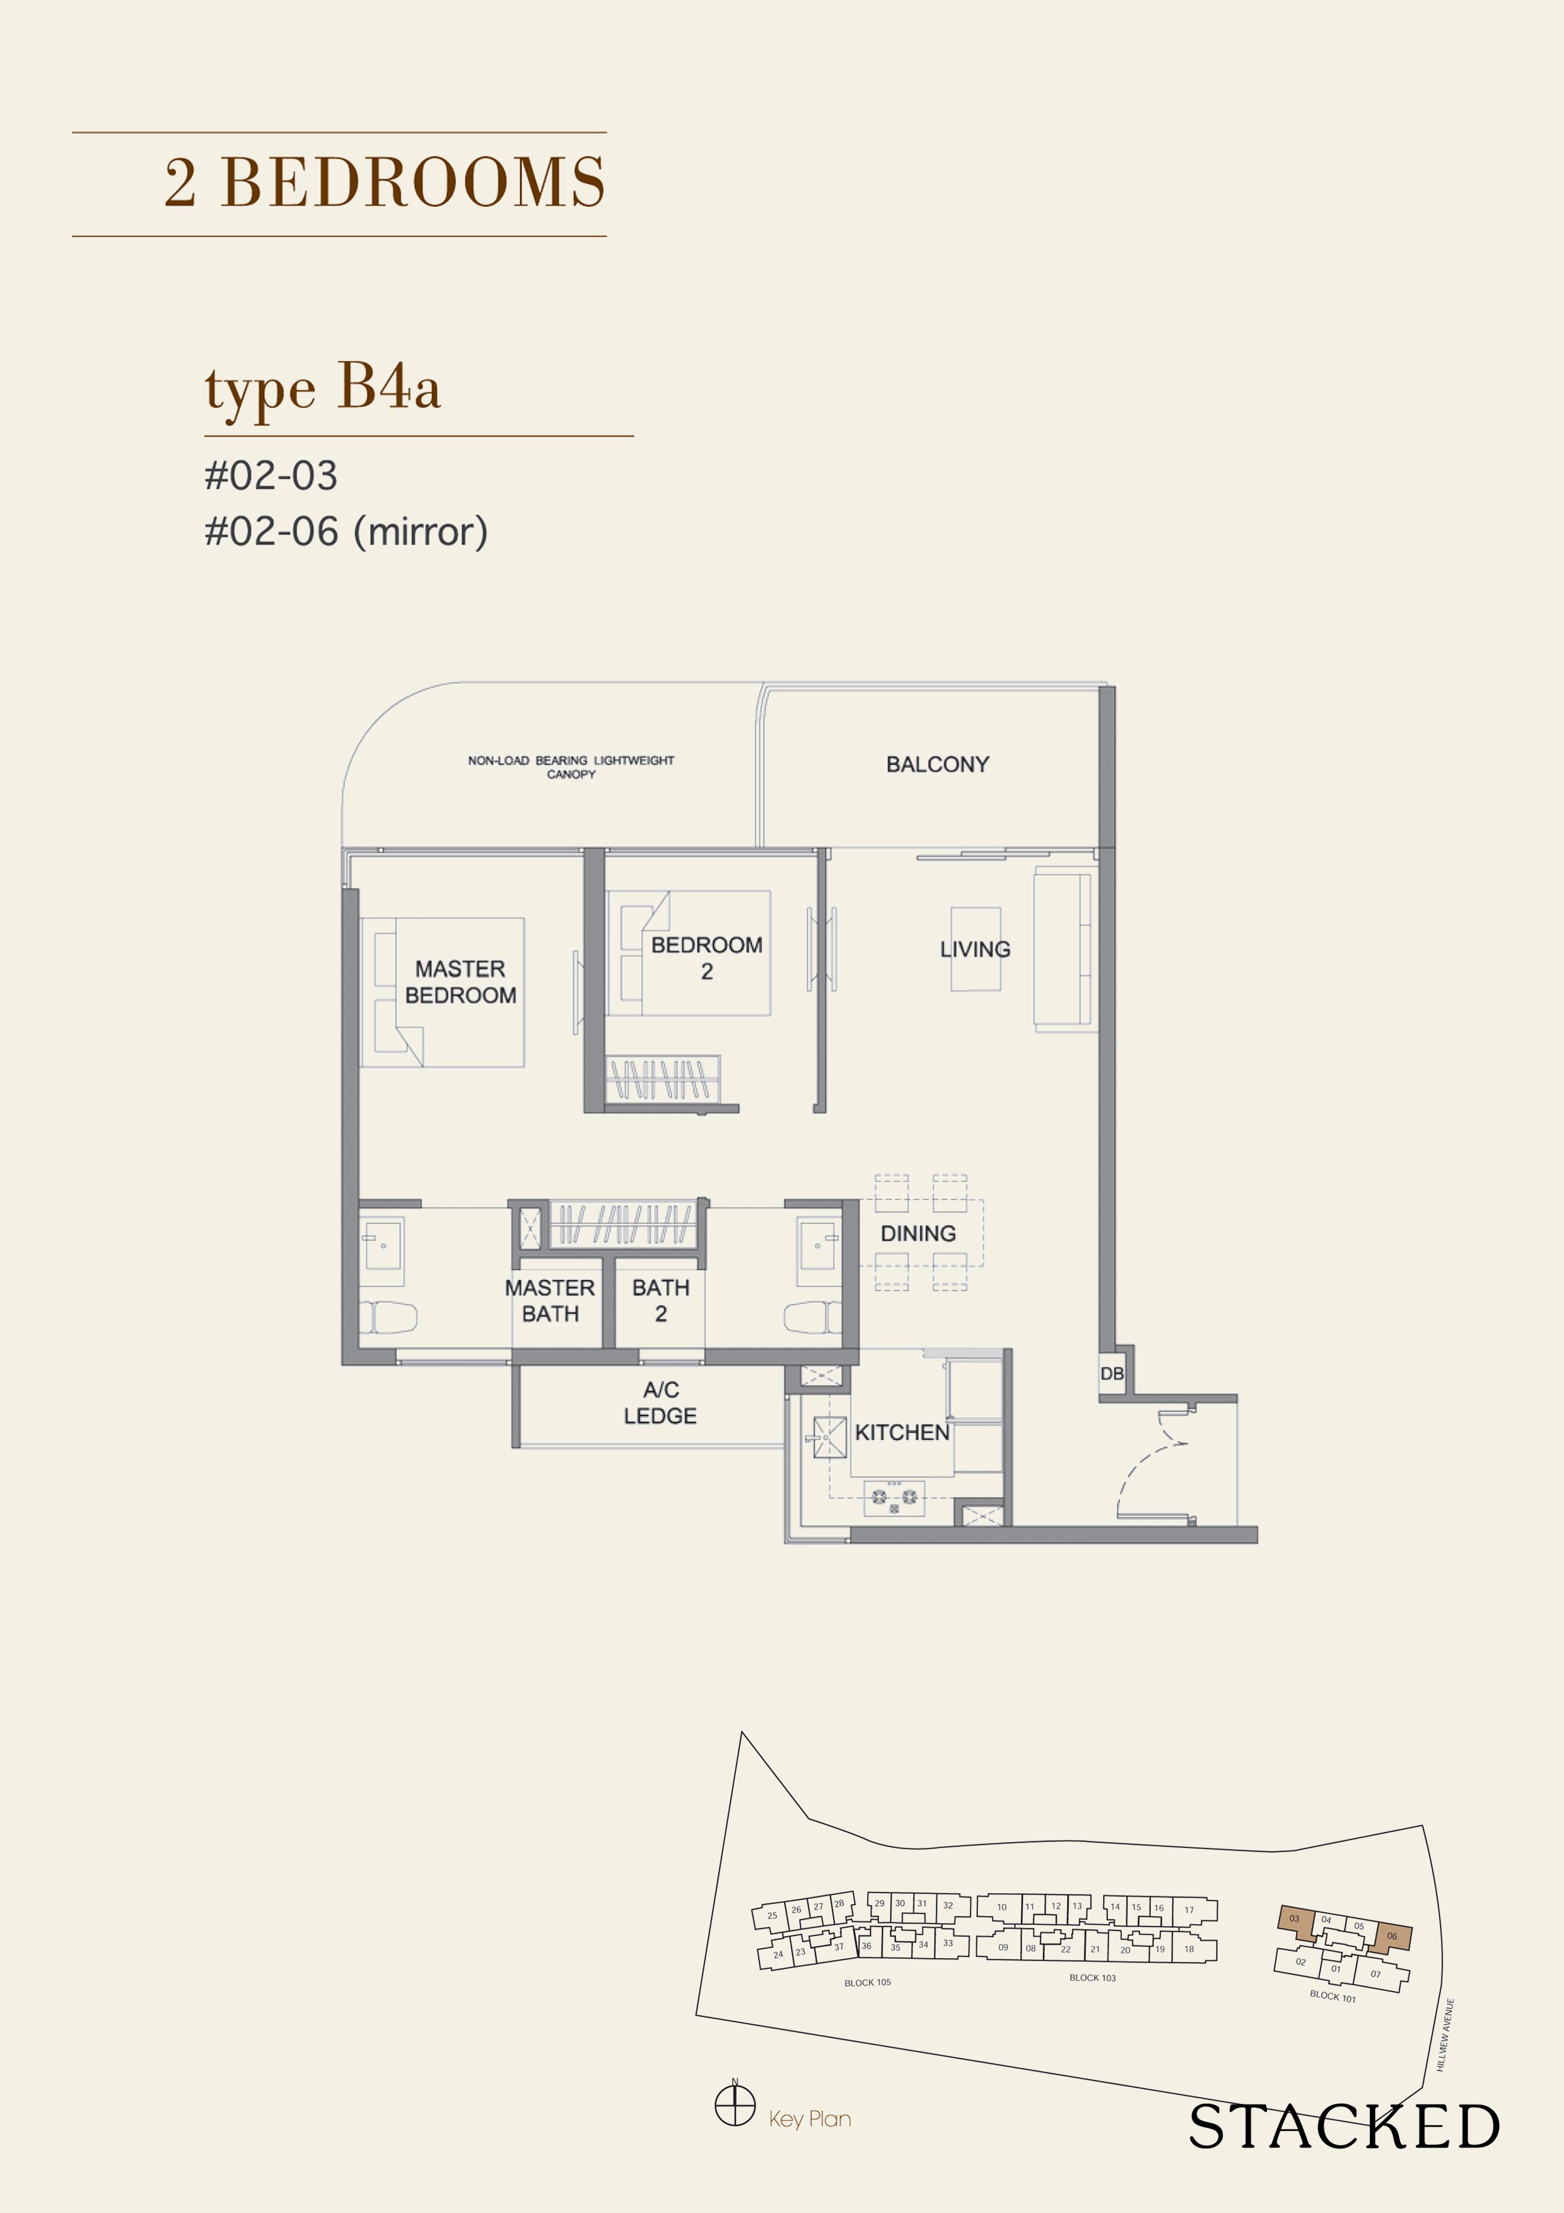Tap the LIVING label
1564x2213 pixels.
(x=975, y=949)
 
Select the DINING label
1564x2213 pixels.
(x=918, y=1234)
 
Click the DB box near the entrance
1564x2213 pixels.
(x=1112, y=1373)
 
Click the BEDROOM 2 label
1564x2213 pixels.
(x=706, y=958)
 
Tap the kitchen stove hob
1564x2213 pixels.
(x=894, y=1497)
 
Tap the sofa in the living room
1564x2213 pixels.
(x=1065, y=949)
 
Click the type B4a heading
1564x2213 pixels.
(x=323, y=389)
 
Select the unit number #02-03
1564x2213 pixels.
(x=271, y=475)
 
